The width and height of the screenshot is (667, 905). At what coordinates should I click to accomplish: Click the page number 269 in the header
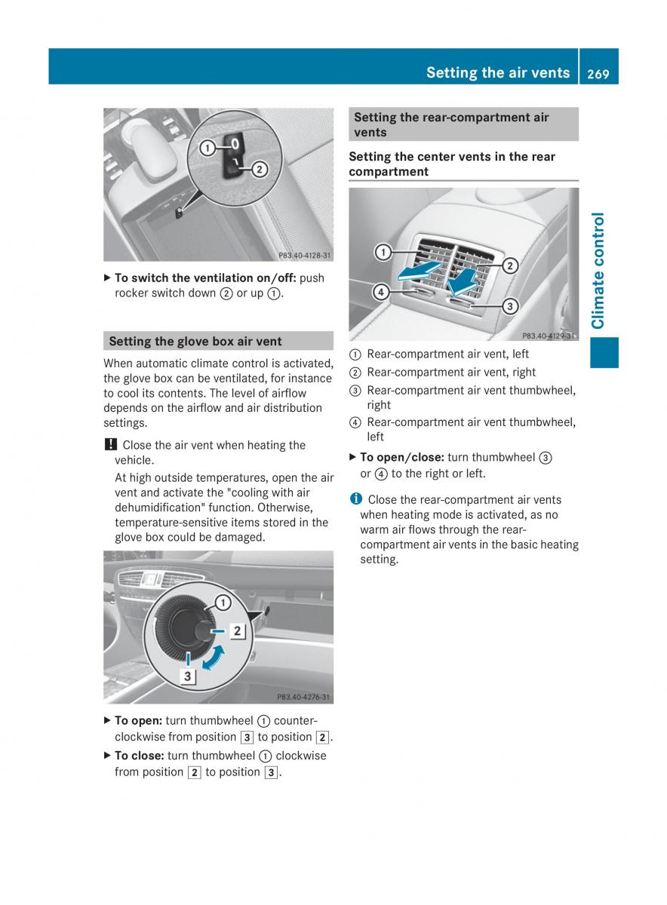click(598, 72)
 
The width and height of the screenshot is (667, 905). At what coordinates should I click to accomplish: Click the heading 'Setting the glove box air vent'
click(195, 341)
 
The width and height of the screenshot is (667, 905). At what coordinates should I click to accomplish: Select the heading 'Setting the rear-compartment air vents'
click(451, 124)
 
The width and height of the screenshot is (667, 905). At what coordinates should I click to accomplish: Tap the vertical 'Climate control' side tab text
click(599, 271)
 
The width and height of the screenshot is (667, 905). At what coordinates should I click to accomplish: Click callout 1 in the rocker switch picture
click(205, 149)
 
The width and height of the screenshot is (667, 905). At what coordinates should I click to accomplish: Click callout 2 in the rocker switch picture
click(258, 169)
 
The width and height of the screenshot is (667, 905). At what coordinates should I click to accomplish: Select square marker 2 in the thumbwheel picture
click(237, 630)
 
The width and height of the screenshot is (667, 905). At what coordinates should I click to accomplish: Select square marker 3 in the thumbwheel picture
click(188, 676)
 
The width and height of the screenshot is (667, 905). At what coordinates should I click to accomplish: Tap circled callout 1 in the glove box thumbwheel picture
click(223, 602)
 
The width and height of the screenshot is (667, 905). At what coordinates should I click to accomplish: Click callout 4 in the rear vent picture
click(381, 291)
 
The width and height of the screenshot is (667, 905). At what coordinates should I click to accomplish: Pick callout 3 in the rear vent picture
click(510, 306)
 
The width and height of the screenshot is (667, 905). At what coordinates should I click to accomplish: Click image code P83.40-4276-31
click(303, 698)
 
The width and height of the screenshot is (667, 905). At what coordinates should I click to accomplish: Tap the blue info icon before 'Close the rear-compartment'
click(355, 499)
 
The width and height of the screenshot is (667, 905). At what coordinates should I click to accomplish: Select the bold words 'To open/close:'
click(401, 457)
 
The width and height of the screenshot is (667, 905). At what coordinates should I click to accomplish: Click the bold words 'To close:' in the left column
click(139, 755)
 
